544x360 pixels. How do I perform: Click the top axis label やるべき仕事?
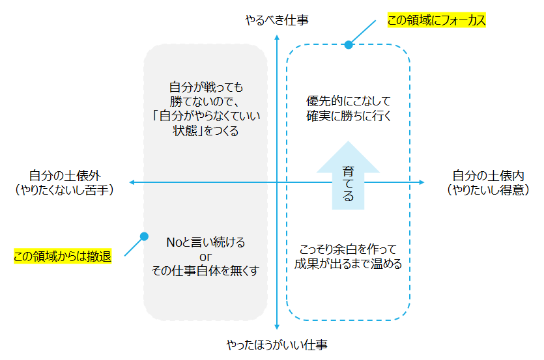277,21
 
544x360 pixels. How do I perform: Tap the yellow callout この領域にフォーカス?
436,20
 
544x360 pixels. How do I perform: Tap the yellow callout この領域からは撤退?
62,256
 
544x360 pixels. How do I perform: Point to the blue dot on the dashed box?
349,45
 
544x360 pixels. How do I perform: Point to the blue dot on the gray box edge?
145,236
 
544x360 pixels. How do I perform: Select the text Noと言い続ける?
206,242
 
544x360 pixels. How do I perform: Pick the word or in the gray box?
206,256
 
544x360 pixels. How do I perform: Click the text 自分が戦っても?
206,87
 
